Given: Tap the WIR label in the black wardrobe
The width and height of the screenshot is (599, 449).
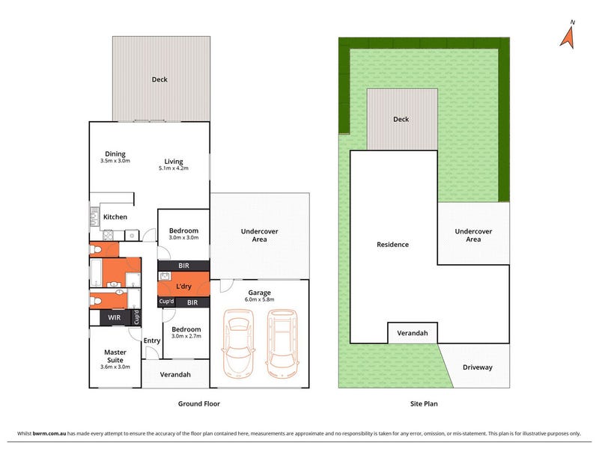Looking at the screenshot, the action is (x=115, y=317).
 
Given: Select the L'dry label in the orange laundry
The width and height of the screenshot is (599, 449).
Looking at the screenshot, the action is (x=183, y=287).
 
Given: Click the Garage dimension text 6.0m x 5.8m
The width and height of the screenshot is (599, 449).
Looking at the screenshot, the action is (x=259, y=300).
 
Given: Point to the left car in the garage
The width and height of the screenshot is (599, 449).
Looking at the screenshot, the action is (x=238, y=343).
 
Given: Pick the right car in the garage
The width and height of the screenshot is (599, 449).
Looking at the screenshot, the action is (x=283, y=343).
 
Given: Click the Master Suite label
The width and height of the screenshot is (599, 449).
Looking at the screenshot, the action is (x=115, y=356).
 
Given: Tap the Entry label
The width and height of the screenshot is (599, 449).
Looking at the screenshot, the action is (x=152, y=340).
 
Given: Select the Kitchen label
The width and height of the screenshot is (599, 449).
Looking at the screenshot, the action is (x=115, y=217).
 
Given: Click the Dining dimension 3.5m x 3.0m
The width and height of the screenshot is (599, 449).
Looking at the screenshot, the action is (x=115, y=161).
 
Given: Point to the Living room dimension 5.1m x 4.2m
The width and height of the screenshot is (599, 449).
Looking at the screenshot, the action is (x=174, y=168).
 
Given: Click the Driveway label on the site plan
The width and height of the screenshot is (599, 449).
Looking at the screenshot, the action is (x=478, y=367).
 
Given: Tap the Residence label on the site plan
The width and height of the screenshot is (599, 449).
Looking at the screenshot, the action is (x=392, y=245).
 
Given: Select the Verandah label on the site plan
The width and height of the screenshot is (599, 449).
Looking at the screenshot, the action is (x=413, y=333).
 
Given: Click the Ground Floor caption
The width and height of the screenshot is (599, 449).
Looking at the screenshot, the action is (x=199, y=403).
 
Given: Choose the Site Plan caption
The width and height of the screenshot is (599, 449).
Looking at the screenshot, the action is (x=424, y=403).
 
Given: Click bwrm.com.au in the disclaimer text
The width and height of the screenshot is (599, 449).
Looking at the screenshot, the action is (x=49, y=434).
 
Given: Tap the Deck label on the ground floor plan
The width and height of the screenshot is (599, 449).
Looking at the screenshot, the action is (x=159, y=79).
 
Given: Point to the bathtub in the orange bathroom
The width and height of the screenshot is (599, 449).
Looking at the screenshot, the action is (x=97, y=273).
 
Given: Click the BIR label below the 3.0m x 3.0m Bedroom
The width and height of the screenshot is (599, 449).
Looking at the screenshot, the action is (x=183, y=266).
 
